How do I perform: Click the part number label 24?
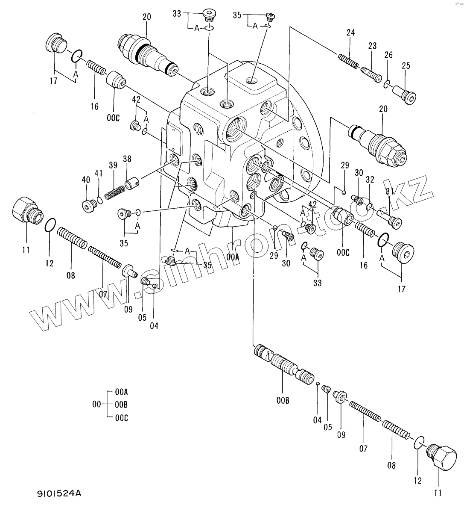(350, 32)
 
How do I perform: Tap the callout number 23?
(372, 46)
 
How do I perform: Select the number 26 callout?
(388, 55)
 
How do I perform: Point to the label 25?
(406, 65)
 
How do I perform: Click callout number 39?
(113, 165)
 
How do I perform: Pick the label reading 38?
(127, 159)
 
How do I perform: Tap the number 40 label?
(86, 180)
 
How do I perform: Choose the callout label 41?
(99, 173)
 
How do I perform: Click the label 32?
(370, 180)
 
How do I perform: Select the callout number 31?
(389, 191)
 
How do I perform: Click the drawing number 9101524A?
(58, 493)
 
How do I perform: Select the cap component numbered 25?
(404, 95)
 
